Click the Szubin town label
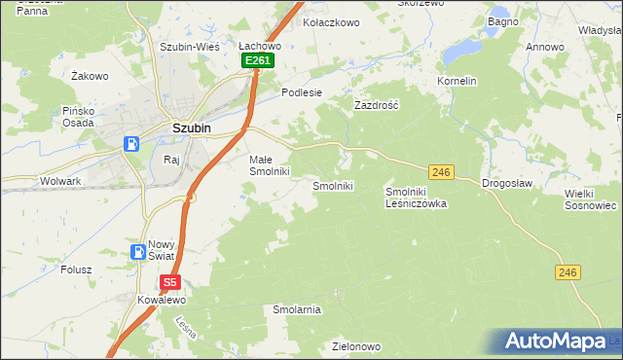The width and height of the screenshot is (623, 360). (192, 126)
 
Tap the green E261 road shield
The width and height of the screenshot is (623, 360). (258, 60)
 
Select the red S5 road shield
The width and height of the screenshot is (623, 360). (169, 283)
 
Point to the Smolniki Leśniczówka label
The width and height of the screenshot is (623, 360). (416, 198)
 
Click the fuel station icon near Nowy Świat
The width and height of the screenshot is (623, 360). (138, 252)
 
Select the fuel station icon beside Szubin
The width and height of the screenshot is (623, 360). (131, 144)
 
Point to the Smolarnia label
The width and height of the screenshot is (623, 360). (296, 309)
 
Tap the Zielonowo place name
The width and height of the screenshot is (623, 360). (355, 346)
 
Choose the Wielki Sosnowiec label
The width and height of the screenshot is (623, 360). (591, 199)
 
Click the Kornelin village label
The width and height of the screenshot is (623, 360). (457, 81)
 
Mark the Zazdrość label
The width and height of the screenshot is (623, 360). (378, 104)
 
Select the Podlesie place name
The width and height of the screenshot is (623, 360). (301, 92)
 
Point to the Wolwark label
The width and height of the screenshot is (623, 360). (60, 181)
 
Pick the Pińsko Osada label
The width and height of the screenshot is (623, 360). (76, 117)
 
